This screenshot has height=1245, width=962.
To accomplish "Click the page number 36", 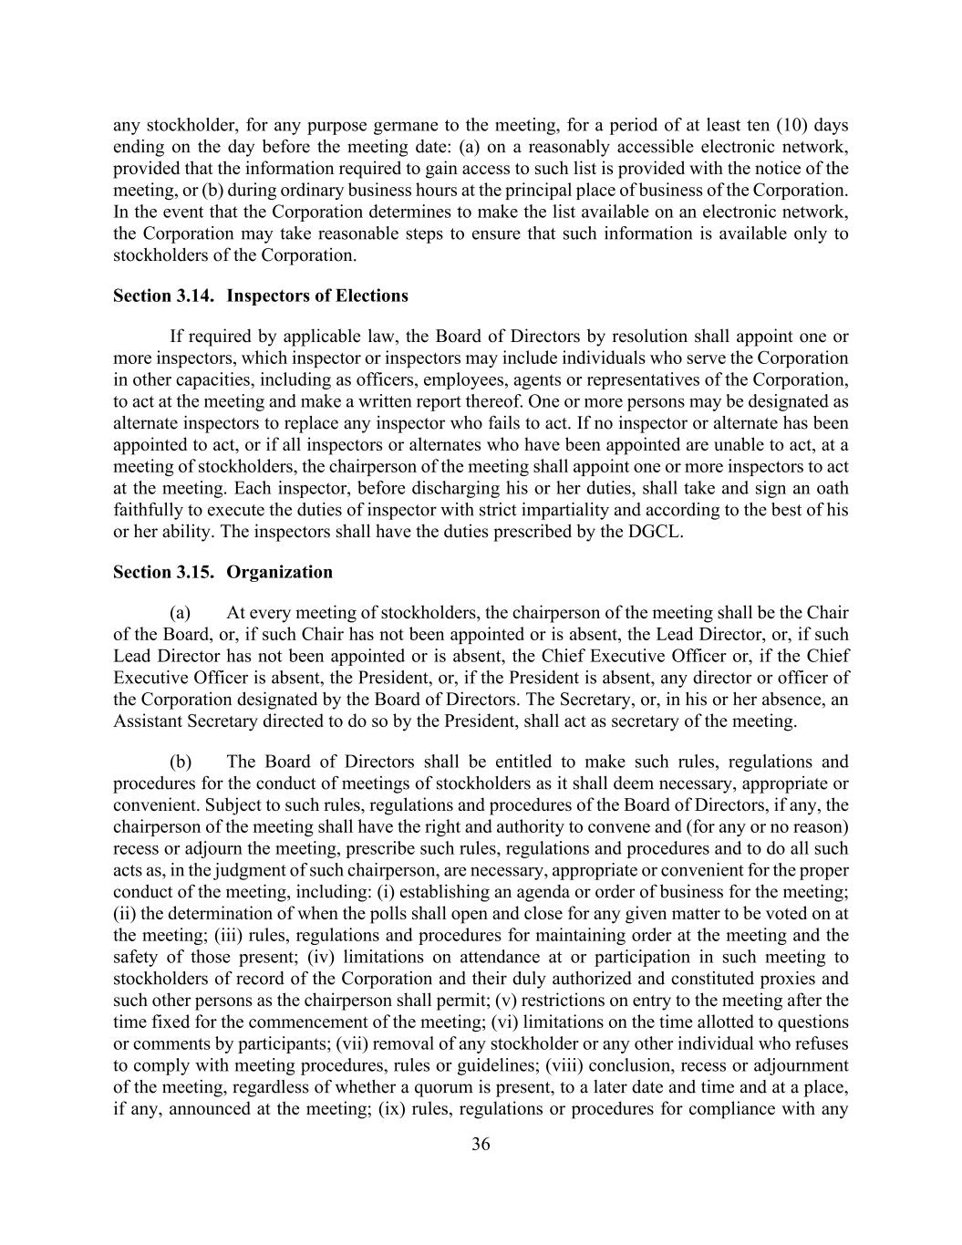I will click(481, 1145).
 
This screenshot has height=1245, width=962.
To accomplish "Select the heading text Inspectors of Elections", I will click(316, 296).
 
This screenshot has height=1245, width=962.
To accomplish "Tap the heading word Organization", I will click(279, 572).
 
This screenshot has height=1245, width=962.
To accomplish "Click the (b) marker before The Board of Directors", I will click(180, 762).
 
